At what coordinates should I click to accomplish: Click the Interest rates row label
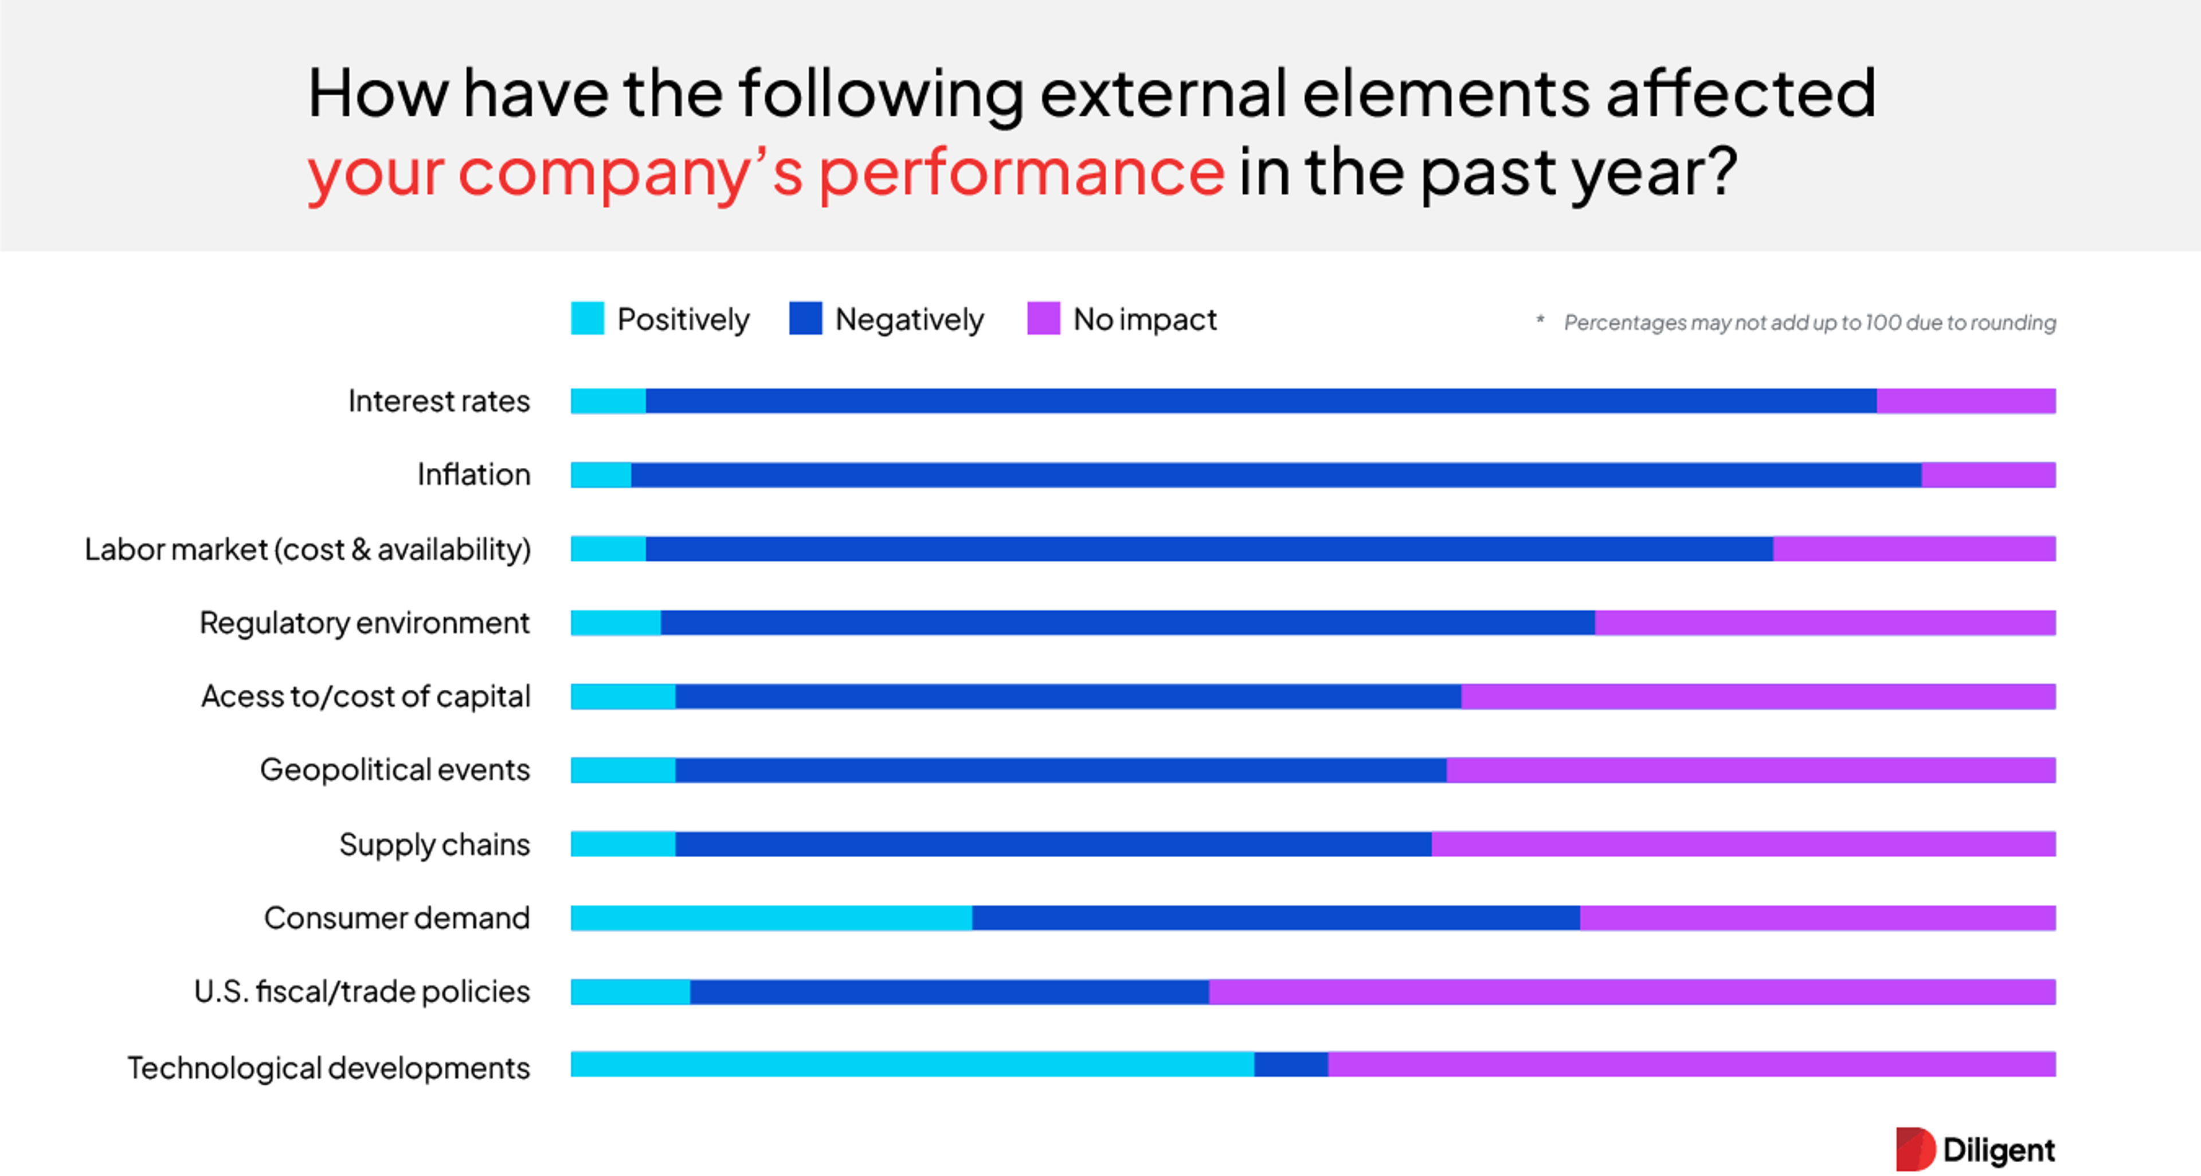pos(438,401)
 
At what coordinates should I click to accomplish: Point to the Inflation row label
pos(473,474)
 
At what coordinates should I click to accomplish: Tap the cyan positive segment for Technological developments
pos(912,1064)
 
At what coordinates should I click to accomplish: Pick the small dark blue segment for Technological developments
pos(1290,1064)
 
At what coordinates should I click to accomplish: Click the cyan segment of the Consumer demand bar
pos(771,918)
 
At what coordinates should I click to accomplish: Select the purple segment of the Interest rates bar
pos(1965,401)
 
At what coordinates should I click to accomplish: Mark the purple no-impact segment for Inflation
pos(1988,474)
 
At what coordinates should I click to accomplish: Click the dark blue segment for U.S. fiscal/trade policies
pos(949,991)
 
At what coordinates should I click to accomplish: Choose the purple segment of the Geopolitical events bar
pos(1750,770)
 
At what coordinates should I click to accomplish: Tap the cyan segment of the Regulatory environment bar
pos(615,622)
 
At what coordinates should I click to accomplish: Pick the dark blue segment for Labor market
pos(1208,549)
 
